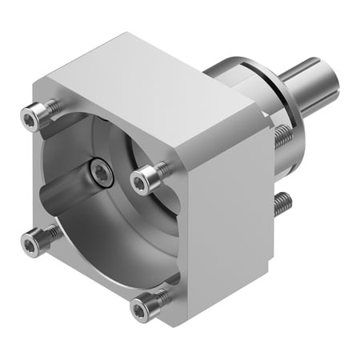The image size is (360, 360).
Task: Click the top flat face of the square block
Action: click(152, 80)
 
